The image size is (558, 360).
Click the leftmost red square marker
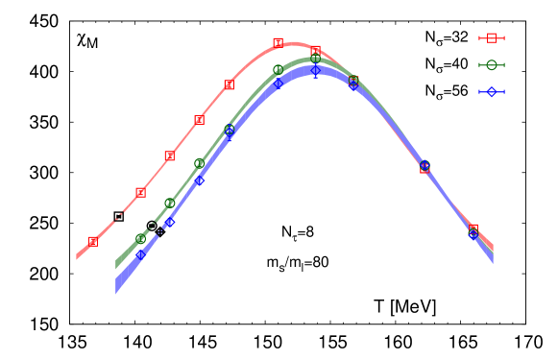pos(93,241)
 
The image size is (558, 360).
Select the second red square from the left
pos(140,193)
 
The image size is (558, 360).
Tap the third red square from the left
pos(170,156)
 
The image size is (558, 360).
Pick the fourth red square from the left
pos(199,120)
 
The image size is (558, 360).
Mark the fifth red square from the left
pos(229,85)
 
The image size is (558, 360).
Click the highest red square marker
pos(278,42)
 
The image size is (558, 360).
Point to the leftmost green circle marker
pos(140,238)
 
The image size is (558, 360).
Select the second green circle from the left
pos(170,203)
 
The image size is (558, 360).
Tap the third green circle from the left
pos(199,163)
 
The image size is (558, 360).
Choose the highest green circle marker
pos(315,59)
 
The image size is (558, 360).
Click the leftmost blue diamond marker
pos(140,255)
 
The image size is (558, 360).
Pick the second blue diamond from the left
pos(170,222)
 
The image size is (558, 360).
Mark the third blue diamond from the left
pos(200,180)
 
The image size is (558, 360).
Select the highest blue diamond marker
pos(315,70)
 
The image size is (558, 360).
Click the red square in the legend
pos(492,38)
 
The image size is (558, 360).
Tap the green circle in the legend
pos(492,65)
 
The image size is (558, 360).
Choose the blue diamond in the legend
pos(492,92)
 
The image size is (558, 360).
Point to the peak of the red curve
pos(293,43)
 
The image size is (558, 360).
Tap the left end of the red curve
pos(77,257)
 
